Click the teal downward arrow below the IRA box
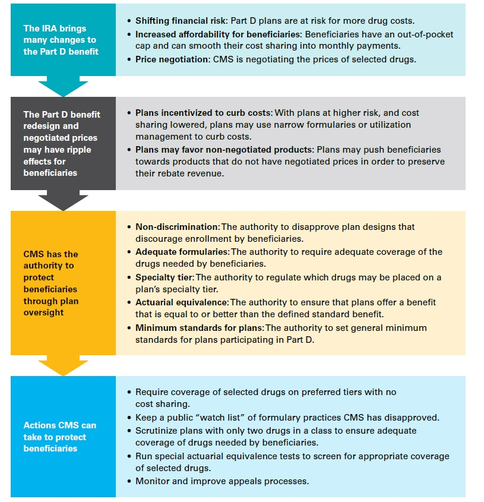point(63,86)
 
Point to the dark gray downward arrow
point(63,200)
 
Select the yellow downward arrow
point(63,365)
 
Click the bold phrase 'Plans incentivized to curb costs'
point(203,113)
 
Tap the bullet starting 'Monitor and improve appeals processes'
point(222,481)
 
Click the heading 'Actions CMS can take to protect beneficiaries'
point(59,437)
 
